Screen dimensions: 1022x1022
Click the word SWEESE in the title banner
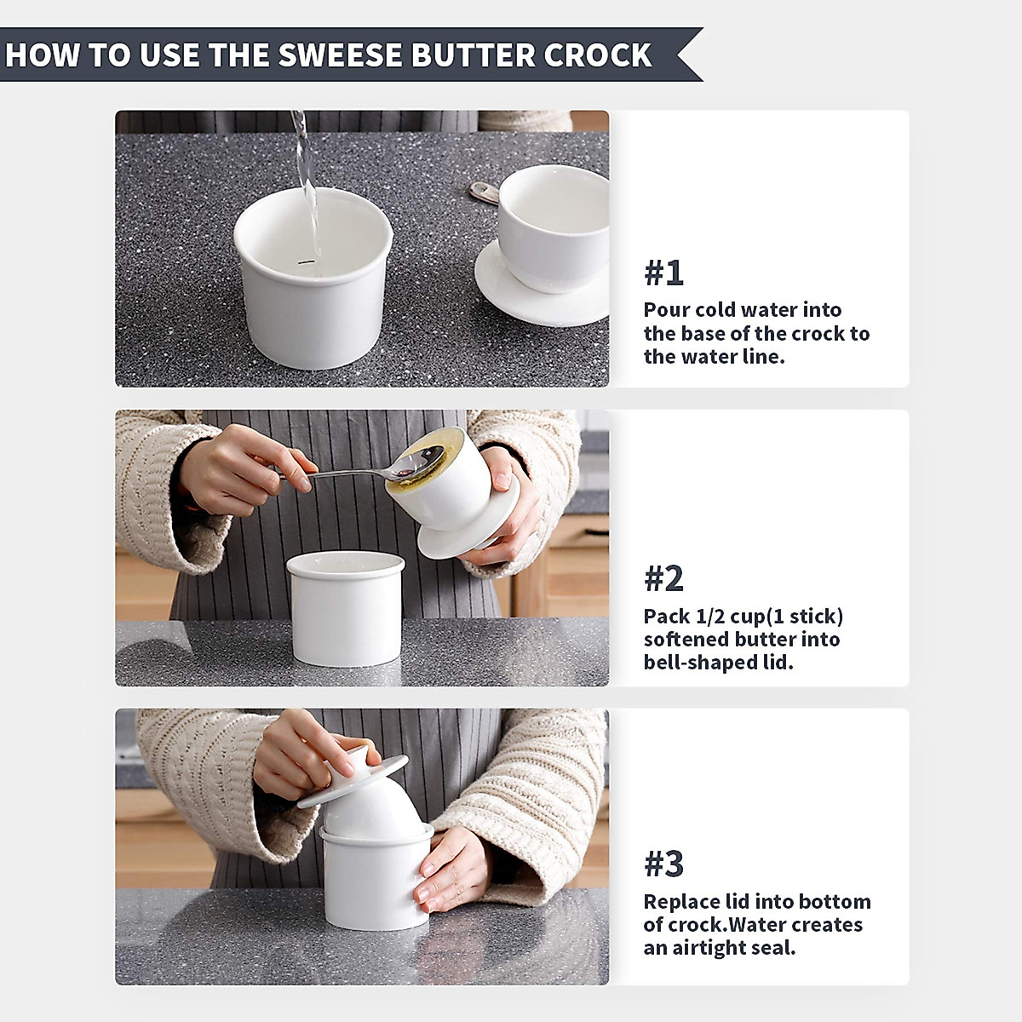click(x=341, y=55)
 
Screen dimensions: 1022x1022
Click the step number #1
click(x=663, y=273)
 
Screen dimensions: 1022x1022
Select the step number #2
click(x=663, y=578)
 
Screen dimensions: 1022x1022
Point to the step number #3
click(x=663, y=864)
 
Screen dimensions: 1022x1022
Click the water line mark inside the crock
click(x=306, y=261)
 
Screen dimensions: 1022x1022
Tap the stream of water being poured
click(x=307, y=181)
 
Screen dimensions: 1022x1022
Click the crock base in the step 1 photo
click(x=313, y=278)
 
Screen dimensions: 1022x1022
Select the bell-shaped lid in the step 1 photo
click(x=545, y=244)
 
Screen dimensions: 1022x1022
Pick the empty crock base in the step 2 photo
click(x=346, y=608)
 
